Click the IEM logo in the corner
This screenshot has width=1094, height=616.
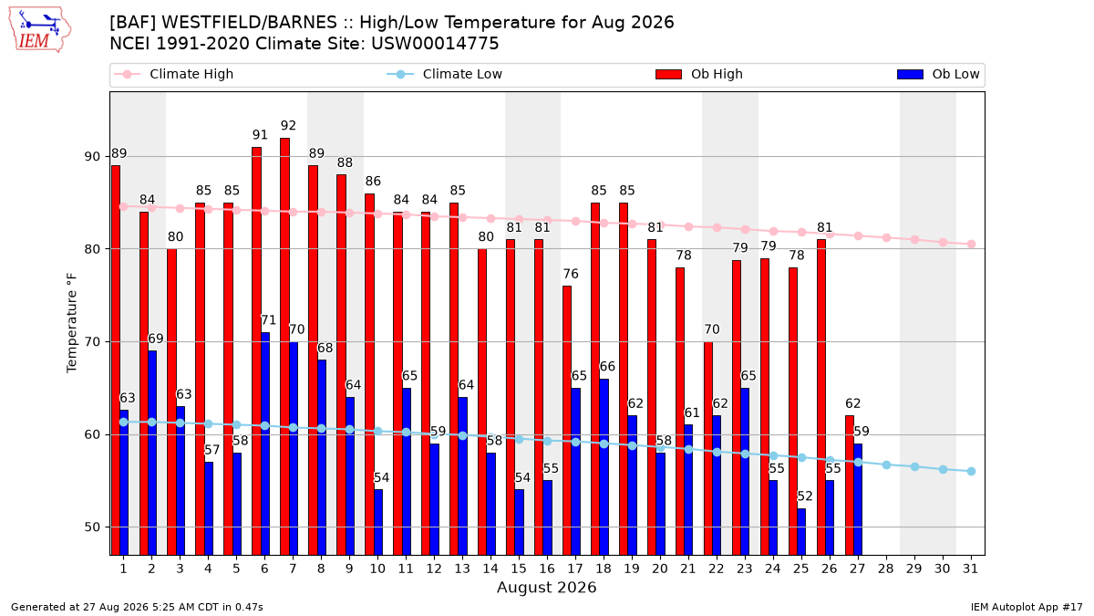click(x=40, y=30)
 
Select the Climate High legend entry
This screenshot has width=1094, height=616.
click(x=173, y=74)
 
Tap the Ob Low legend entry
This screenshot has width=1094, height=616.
click(x=938, y=74)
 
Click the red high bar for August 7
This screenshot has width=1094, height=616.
click(x=284, y=347)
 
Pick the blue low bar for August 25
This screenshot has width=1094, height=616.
click(x=801, y=532)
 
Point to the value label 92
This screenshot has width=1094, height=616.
click(x=288, y=126)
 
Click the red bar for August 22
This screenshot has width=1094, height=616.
click(x=708, y=448)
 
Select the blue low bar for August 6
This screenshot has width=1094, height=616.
click(x=265, y=444)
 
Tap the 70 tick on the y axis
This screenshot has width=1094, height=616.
click(x=92, y=341)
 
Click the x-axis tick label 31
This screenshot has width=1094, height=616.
click(x=970, y=569)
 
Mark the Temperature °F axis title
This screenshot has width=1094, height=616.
click(x=72, y=323)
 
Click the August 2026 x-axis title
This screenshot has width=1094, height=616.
click(x=546, y=587)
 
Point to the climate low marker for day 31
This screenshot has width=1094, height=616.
click(x=972, y=471)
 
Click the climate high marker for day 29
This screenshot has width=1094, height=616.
click(x=914, y=239)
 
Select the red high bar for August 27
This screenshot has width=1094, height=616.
click(x=850, y=485)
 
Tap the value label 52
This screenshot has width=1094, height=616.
click(x=805, y=496)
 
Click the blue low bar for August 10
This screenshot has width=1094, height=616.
click(x=378, y=523)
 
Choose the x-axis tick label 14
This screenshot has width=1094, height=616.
click(x=490, y=569)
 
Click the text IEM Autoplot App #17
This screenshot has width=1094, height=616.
click(x=1027, y=607)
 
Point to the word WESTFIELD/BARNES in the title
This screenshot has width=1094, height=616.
click(x=249, y=23)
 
